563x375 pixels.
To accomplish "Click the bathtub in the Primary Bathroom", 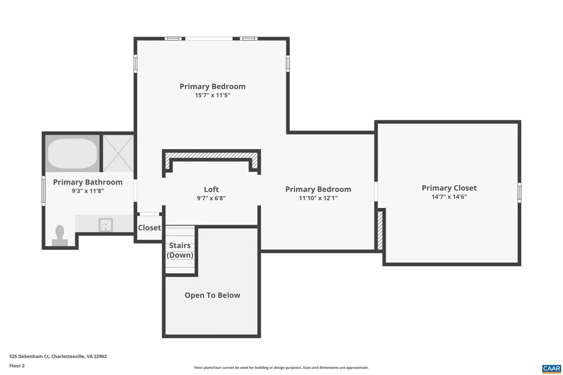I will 72,153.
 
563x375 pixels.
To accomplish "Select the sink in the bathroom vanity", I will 105,224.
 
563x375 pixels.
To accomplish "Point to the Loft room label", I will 211,190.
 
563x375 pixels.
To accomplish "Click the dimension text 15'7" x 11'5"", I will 212,95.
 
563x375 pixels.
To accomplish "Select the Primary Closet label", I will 449,188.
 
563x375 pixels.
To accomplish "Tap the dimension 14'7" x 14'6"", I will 449,197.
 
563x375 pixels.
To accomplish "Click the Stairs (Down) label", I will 180,250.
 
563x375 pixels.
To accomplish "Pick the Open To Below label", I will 212,295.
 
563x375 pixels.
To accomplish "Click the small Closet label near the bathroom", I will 149,228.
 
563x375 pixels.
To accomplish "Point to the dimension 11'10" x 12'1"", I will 318,198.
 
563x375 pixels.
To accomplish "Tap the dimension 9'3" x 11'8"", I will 87,191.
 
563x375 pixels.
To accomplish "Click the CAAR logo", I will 551,368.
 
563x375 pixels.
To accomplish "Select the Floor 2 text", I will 17,366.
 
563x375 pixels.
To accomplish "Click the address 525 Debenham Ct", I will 58,356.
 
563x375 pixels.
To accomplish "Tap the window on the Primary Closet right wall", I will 519,192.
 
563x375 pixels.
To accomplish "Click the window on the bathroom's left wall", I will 44,191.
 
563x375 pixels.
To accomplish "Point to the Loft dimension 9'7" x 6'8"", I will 211,198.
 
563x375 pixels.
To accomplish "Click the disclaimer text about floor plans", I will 281,368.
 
